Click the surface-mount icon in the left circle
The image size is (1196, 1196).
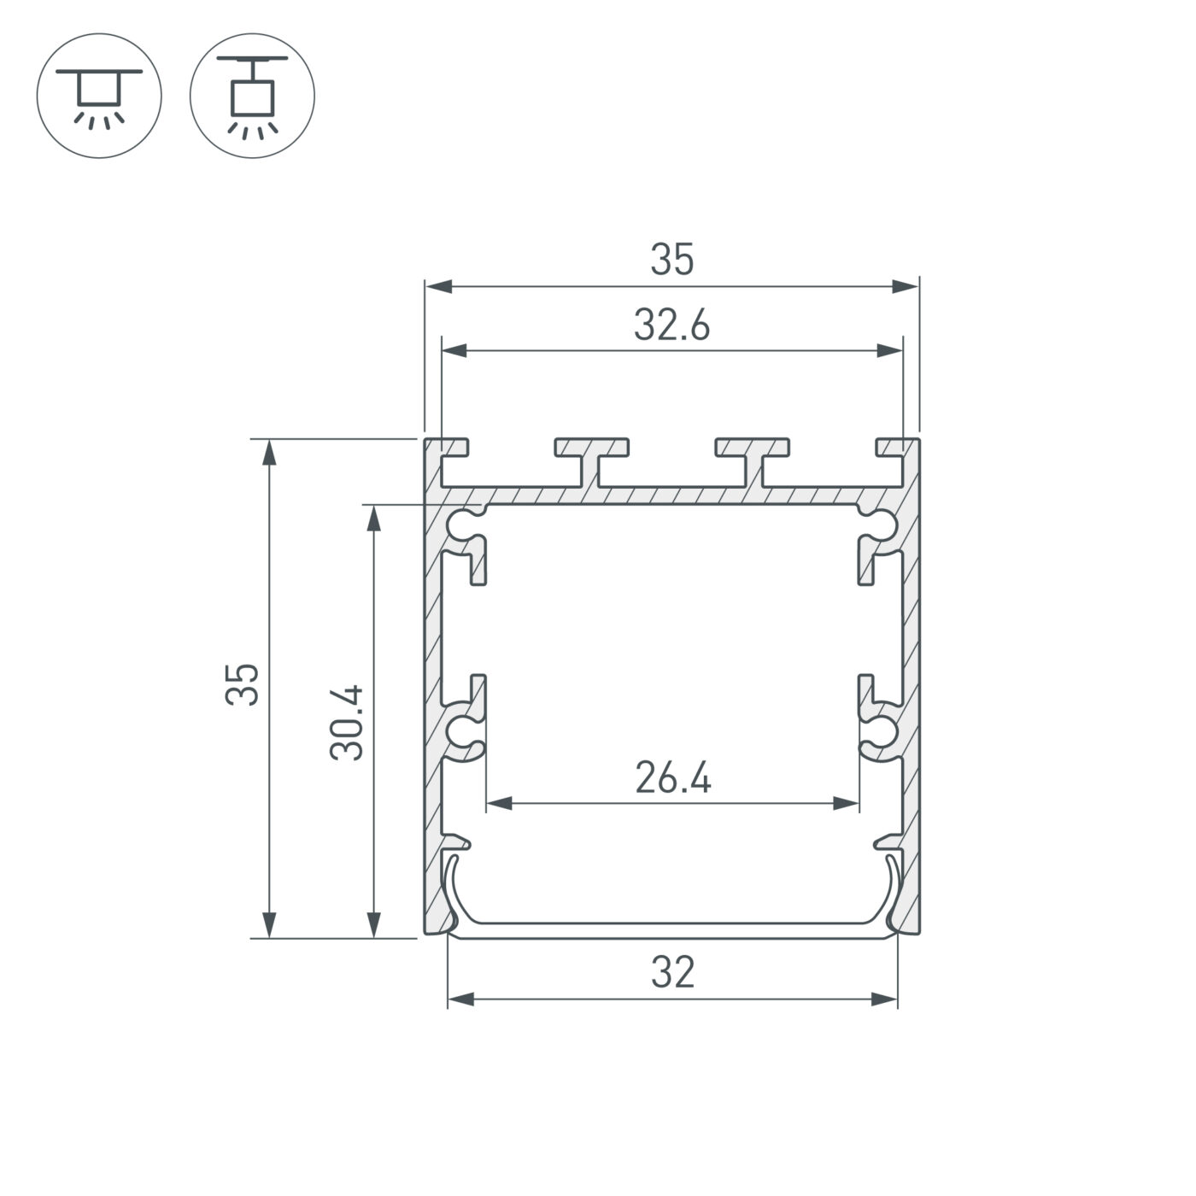99,95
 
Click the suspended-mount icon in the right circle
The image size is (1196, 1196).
252,95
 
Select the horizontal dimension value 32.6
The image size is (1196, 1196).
671,326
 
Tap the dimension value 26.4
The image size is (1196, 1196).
673,778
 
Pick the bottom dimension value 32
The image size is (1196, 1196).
672,973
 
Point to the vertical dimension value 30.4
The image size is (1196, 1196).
349,722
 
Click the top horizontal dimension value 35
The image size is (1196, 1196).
672,261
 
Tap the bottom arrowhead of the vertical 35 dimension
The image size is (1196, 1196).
269,923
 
